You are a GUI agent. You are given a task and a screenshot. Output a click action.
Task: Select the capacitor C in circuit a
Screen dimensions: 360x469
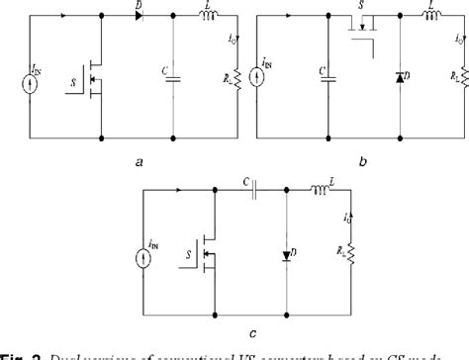[x=173, y=75]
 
